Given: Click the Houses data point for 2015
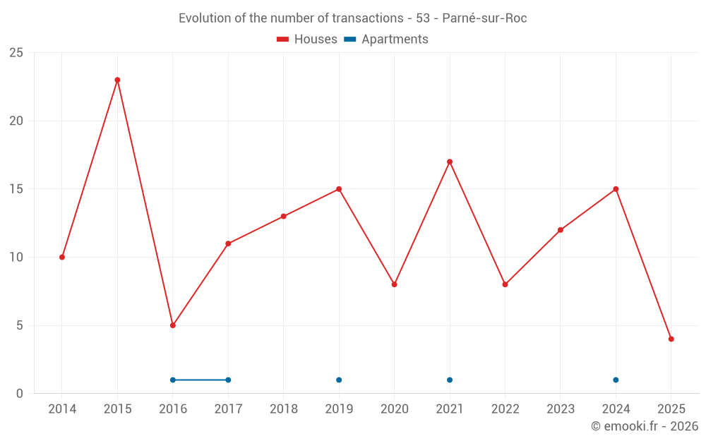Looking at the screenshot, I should click(x=117, y=80).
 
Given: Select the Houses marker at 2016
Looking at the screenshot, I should click(x=173, y=325).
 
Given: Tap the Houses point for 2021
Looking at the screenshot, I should click(x=450, y=162).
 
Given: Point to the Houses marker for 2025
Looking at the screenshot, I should click(x=671, y=339).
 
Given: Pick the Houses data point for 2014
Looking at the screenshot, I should click(x=62, y=257).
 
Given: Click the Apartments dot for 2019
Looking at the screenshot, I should click(x=339, y=380).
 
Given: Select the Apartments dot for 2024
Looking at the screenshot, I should click(x=616, y=380).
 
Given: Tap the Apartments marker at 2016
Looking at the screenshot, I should click(x=173, y=380).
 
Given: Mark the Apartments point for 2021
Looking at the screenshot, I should click(x=450, y=380).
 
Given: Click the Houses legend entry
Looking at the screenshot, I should click(x=307, y=40).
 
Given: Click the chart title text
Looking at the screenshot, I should click(x=352, y=18).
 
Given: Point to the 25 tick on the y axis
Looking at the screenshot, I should click(x=16, y=53).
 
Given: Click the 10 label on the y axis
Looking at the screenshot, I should click(x=16, y=257).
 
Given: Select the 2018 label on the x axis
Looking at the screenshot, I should click(x=284, y=409).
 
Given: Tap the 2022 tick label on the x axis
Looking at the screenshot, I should click(x=505, y=409).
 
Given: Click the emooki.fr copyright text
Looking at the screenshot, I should click(x=644, y=426).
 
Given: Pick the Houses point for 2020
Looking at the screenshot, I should click(x=394, y=284).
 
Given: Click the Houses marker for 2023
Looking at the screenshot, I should click(x=561, y=230).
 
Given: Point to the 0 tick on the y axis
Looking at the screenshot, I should click(x=20, y=394).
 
